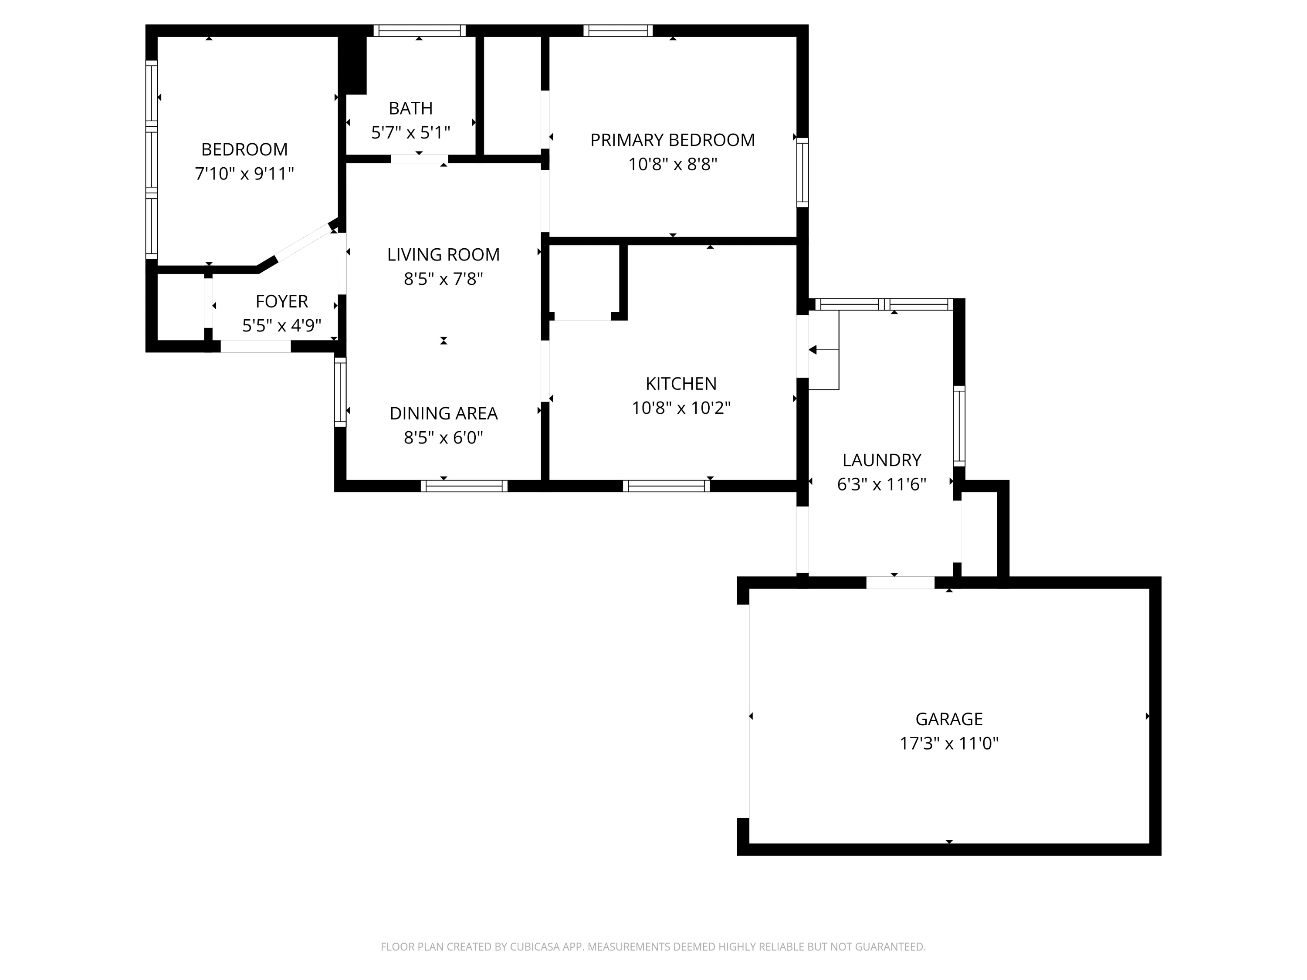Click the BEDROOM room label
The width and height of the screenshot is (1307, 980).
click(244, 149)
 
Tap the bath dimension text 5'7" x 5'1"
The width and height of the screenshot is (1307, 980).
click(411, 132)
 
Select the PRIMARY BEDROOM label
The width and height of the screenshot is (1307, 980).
click(672, 140)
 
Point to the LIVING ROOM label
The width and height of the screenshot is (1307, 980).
click(443, 255)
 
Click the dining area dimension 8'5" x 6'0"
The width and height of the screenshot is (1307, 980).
click(443, 438)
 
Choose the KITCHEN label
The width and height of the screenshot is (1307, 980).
click(681, 384)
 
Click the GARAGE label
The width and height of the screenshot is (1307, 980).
click(949, 719)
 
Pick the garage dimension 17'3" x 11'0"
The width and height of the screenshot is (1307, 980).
click(949, 743)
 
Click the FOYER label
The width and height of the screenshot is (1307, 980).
click(282, 301)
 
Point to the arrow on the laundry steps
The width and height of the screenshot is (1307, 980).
click(814, 350)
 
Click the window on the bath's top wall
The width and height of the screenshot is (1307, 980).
click(420, 31)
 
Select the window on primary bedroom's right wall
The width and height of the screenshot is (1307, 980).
click(802, 172)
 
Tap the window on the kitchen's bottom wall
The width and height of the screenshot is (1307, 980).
click(666, 486)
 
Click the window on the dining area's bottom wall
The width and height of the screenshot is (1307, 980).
click(464, 486)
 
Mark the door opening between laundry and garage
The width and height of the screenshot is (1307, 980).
click(900, 582)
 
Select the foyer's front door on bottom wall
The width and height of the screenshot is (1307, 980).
click(256, 347)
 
